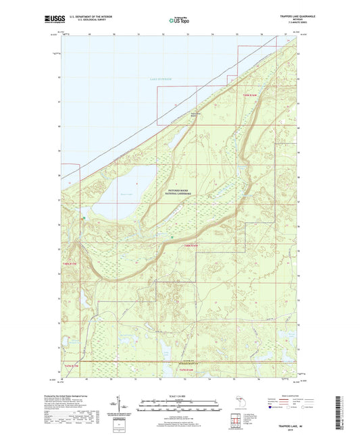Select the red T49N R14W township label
250,96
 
